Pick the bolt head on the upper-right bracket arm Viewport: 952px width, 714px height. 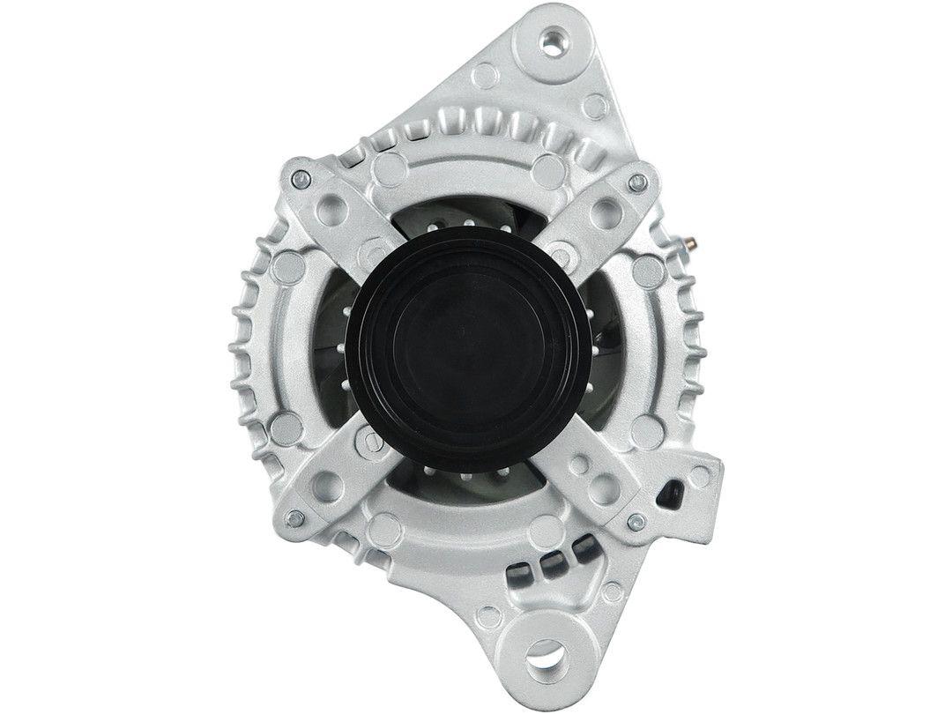pos(636,183)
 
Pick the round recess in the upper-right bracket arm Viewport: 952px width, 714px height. pos(604,212)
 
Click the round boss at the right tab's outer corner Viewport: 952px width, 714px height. pos(701,476)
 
